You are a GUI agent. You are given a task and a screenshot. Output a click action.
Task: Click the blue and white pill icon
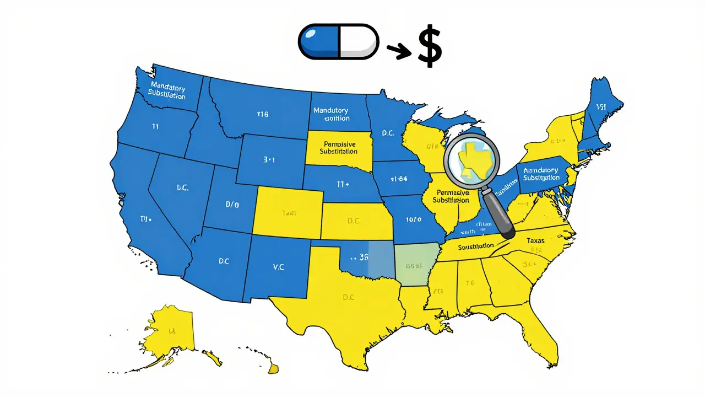338,41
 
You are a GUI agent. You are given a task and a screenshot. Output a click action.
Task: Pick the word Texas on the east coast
535,240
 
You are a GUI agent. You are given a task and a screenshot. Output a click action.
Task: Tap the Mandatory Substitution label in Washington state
167,92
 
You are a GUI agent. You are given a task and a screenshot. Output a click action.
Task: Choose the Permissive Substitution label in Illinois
452,196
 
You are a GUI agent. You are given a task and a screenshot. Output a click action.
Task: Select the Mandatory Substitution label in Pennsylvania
541,174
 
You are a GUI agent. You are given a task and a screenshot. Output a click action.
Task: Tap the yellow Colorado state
287,213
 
